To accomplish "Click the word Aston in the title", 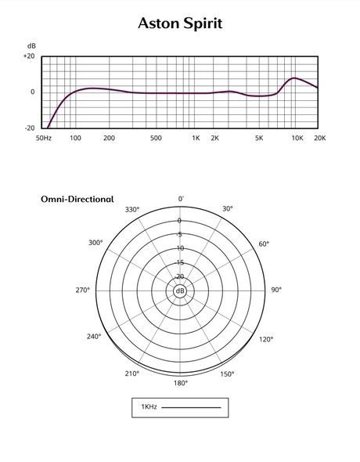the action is pos(158,23).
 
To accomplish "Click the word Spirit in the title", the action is pos(203,23).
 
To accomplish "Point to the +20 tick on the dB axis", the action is pos(29,56).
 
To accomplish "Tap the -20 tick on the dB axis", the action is pos(30,128).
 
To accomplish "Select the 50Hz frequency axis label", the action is pos(44,138).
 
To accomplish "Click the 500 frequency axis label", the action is pos(156,138).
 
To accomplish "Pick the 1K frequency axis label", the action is pos(196,138).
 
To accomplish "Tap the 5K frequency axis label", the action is pos(259,138).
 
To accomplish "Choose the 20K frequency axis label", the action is pos(320,138).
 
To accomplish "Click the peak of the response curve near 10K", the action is pos(294,78).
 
